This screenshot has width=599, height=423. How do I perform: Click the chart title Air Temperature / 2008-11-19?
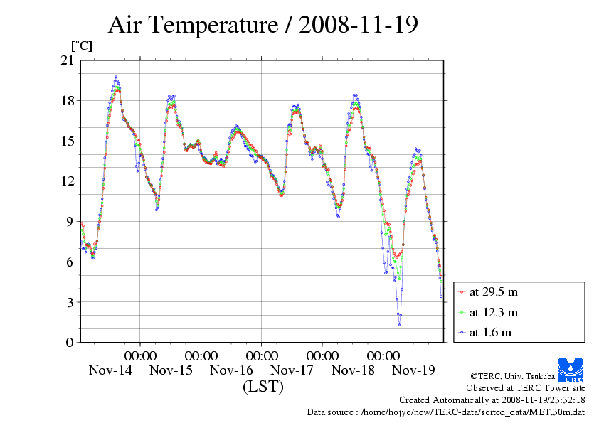click(x=263, y=25)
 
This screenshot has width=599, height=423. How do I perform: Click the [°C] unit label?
click(x=81, y=46)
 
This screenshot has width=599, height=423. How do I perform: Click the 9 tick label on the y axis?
click(x=70, y=222)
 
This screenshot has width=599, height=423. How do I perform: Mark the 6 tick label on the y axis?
click(x=70, y=262)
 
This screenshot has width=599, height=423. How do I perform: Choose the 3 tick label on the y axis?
click(x=70, y=303)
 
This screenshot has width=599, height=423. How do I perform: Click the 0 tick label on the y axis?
click(x=70, y=343)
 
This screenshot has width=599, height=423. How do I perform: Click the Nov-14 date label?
click(x=110, y=370)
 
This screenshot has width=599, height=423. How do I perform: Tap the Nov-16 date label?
click(x=231, y=370)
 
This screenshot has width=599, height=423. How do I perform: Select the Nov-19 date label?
click(x=413, y=370)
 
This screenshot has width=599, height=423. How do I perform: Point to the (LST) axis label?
click(x=263, y=387)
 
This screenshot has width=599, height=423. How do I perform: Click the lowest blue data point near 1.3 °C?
click(x=399, y=325)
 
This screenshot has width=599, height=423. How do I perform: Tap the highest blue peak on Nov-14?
click(x=116, y=77)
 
